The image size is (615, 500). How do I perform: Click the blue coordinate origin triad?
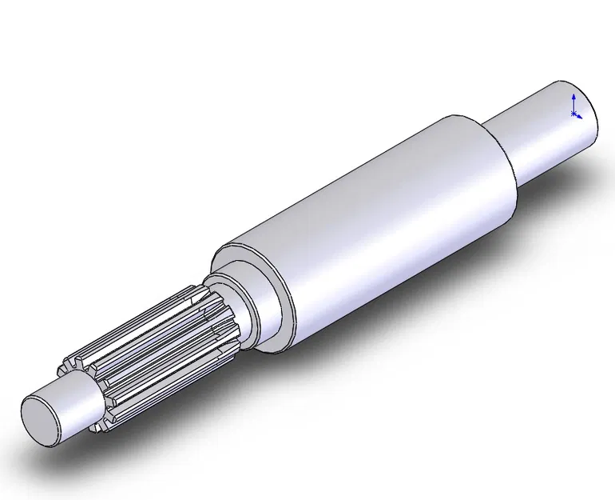click(574, 108)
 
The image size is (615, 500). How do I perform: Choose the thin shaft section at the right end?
click(543, 128)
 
